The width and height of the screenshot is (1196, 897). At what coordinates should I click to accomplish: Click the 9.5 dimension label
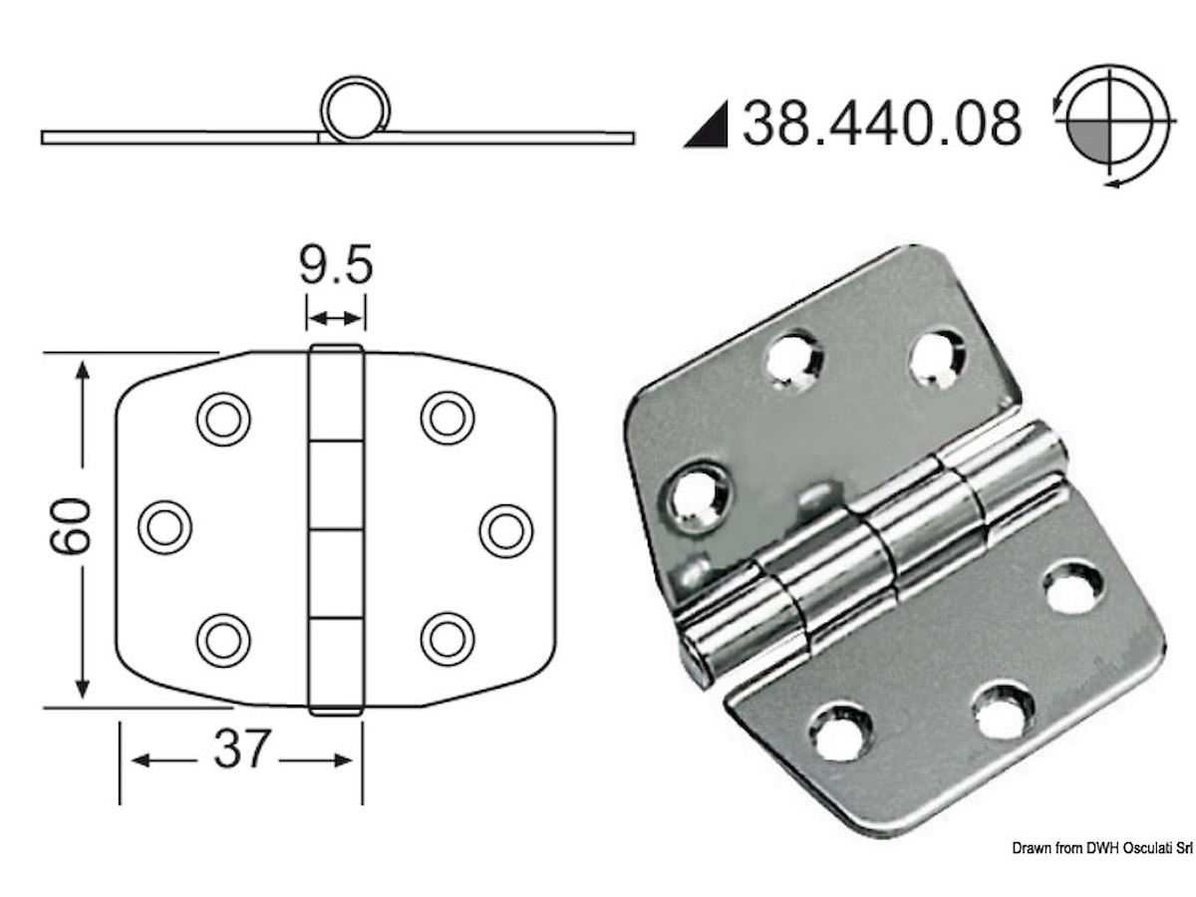point(336,265)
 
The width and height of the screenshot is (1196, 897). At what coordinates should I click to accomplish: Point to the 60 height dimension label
point(70,526)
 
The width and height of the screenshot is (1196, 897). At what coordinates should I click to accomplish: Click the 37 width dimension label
point(241,748)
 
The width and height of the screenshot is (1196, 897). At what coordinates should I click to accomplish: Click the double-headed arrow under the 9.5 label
point(335,319)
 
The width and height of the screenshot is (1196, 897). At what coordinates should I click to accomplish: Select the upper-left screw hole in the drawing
point(223,420)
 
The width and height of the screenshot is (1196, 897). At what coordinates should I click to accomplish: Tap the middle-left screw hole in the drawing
point(164,528)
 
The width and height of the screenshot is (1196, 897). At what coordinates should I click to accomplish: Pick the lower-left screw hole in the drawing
point(223,641)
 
